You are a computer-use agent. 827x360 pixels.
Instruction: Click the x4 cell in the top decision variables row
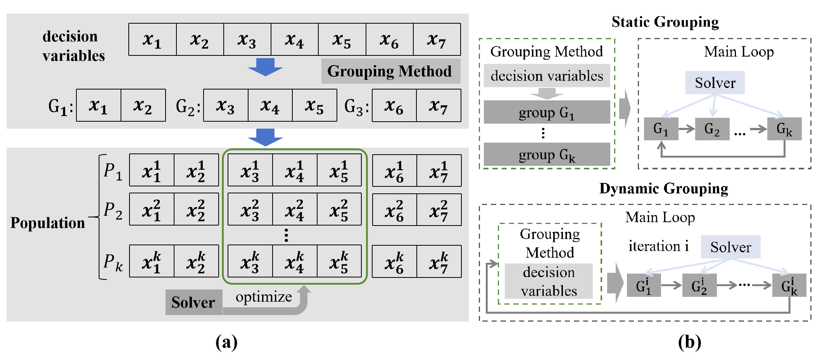pyautogui.click(x=295, y=39)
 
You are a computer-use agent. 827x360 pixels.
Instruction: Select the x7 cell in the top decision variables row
pyautogui.click(x=437, y=39)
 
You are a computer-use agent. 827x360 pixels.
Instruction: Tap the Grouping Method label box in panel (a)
pyautogui.click(x=391, y=71)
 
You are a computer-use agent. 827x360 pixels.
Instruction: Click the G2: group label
pyautogui.click(x=188, y=106)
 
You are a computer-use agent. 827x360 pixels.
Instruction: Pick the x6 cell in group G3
pyautogui.click(x=394, y=105)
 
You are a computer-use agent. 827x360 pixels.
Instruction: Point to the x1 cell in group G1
pyautogui.click(x=99, y=105)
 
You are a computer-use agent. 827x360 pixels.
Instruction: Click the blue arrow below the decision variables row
pyautogui.click(x=266, y=67)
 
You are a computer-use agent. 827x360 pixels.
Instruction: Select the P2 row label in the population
pyautogui.click(x=113, y=210)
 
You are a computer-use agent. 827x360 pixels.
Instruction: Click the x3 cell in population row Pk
pyautogui.click(x=250, y=261)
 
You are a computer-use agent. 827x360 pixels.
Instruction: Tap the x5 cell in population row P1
pyautogui.click(x=339, y=170)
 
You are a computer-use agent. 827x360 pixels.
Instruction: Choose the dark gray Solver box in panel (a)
pyautogui.click(x=194, y=302)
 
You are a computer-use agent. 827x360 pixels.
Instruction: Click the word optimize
pyautogui.click(x=264, y=297)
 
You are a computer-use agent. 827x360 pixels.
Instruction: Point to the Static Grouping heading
pyautogui.click(x=665, y=22)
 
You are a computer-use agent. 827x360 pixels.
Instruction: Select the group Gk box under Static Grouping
pyautogui.click(x=547, y=154)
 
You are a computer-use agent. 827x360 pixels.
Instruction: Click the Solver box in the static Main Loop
pyautogui.click(x=715, y=83)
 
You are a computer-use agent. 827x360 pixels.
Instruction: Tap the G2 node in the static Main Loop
pyautogui.click(x=712, y=129)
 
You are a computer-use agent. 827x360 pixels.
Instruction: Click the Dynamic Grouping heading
pyautogui.click(x=664, y=189)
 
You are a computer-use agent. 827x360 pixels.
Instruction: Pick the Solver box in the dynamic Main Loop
pyautogui.click(x=731, y=247)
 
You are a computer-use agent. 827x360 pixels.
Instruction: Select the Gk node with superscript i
pyautogui.click(x=789, y=285)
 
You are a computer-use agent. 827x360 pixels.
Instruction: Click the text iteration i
pyautogui.click(x=659, y=246)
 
